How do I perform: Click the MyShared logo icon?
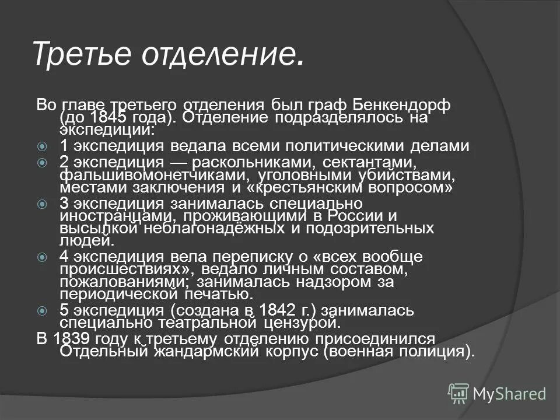[x=459, y=394]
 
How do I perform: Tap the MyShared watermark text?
[x=509, y=394]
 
